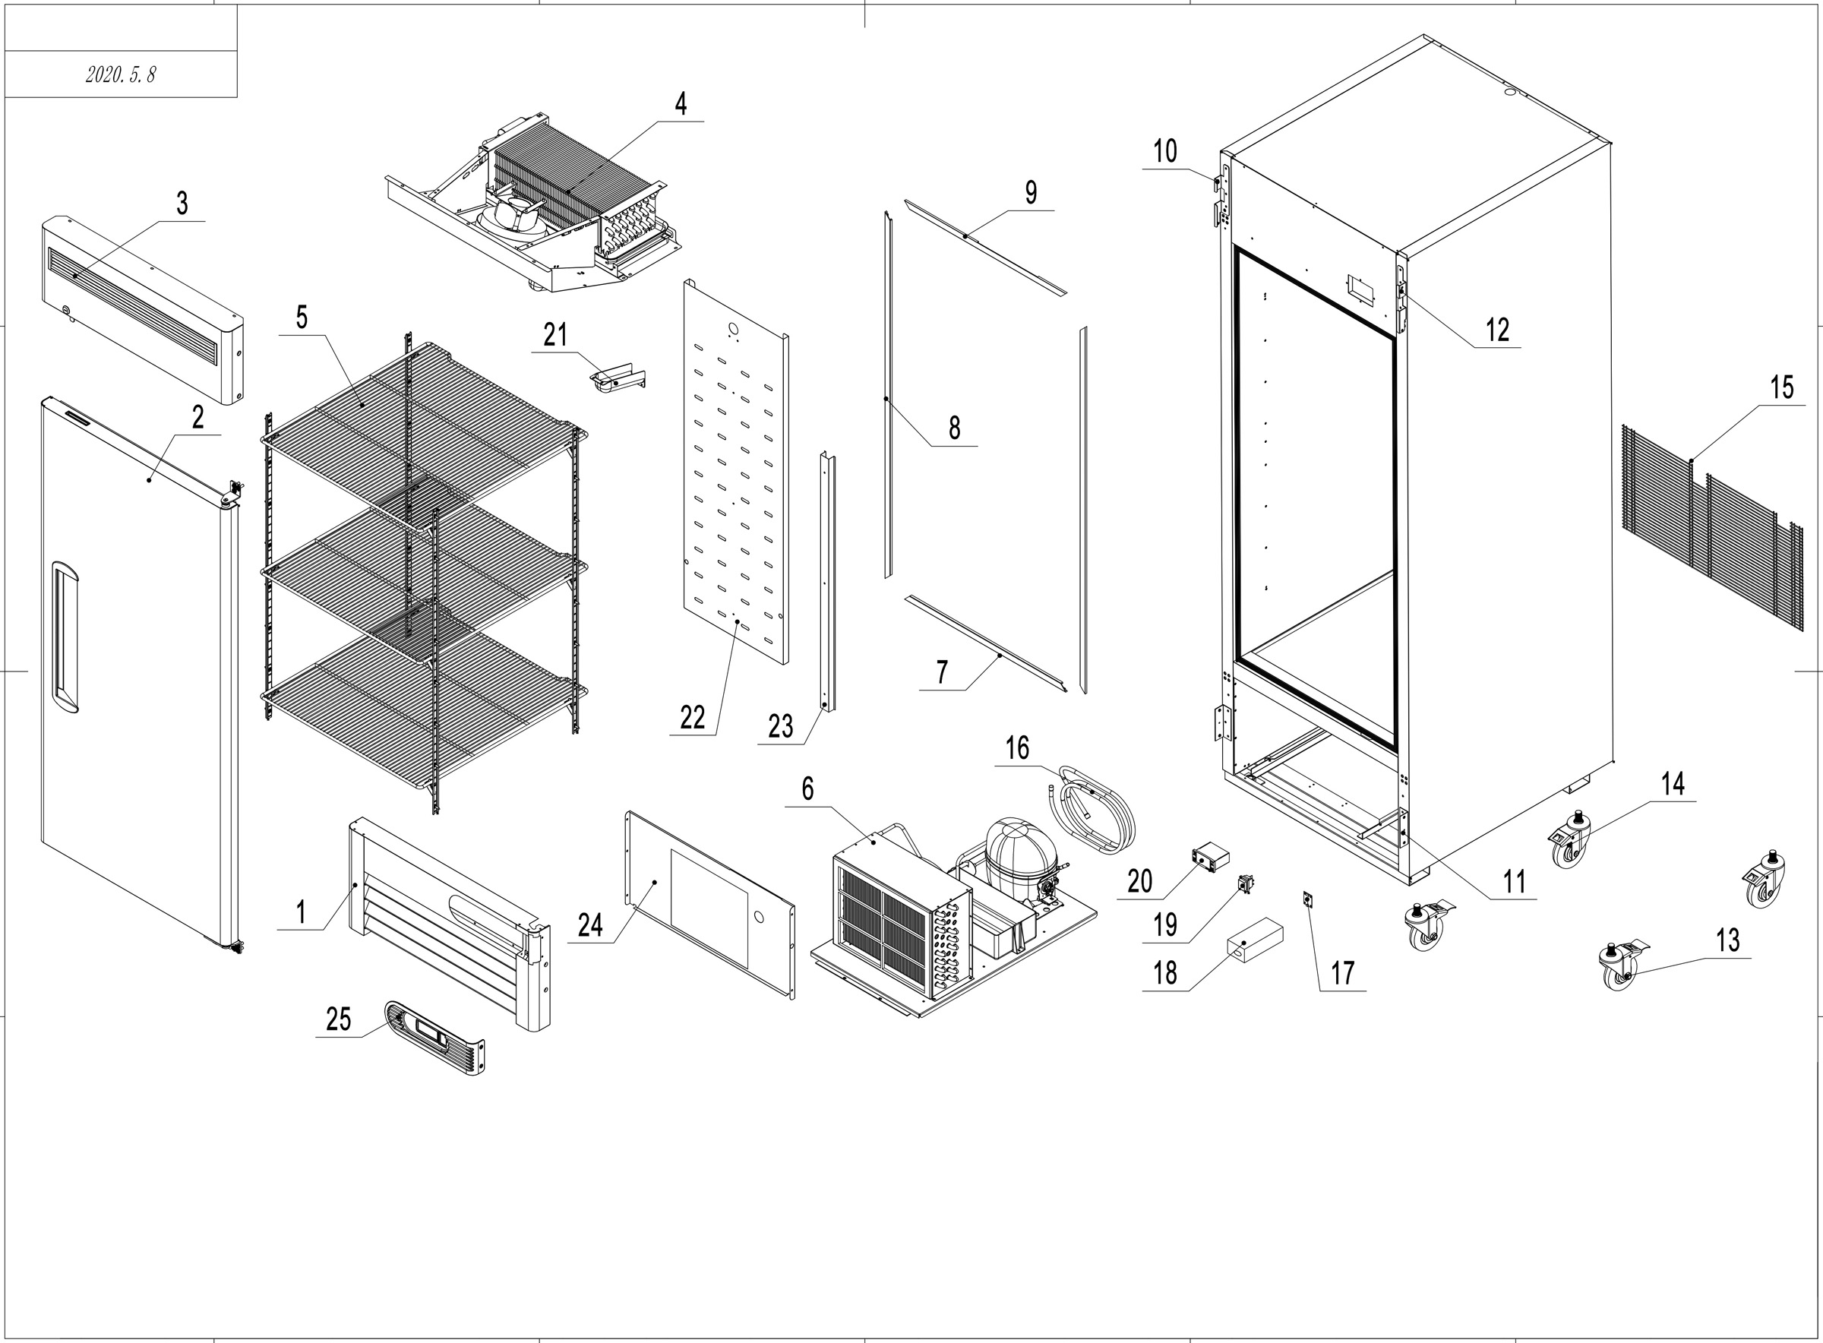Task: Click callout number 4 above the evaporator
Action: [x=681, y=104]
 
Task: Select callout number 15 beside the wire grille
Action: [x=1781, y=387]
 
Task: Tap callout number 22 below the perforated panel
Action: [x=693, y=718]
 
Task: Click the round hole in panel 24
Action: [x=759, y=916]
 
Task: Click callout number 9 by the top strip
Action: [x=1031, y=193]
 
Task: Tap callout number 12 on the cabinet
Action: [x=1497, y=330]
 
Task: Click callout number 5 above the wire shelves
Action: [x=302, y=318]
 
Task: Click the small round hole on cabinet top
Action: [x=1511, y=93]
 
